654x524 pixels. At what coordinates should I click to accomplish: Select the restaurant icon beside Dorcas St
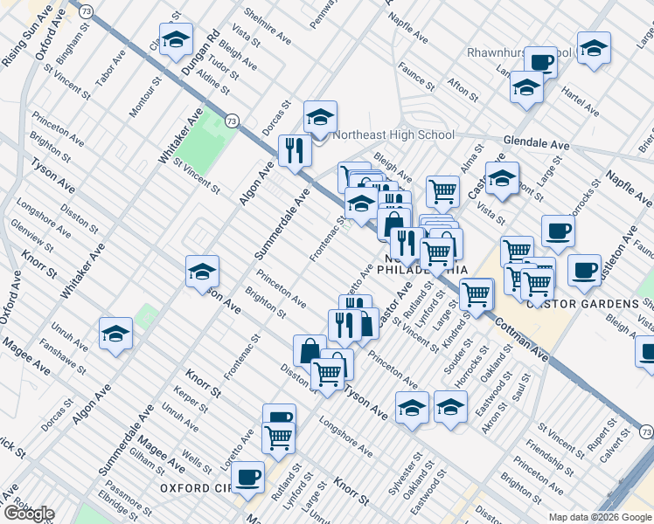pyautogui.click(x=295, y=150)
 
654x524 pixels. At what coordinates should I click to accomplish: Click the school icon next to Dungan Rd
pyautogui.click(x=175, y=38)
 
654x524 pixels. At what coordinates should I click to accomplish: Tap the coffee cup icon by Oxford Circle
pyautogui.click(x=247, y=476)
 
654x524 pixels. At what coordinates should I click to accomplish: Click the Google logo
pyautogui.click(x=28, y=514)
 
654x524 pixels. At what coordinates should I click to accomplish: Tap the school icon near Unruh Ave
pyautogui.click(x=115, y=334)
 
